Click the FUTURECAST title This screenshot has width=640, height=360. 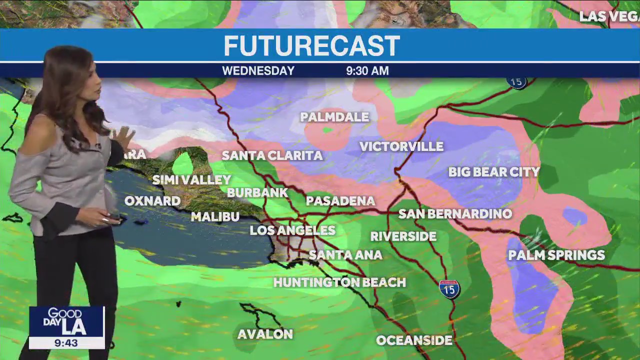pyautogui.click(x=311, y=46)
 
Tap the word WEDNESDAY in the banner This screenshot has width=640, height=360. pyautogui.click(x=258, y=71)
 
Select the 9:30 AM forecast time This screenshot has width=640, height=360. pyautogui.click(x=367, y=71)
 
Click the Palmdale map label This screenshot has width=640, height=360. pyautogui.click(x=334, y=117)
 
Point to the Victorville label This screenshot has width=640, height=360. pyautogui.click(x=401, y=146)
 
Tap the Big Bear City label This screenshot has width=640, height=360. pyautogui.click(x=494, y=172)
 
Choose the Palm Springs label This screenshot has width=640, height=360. pyautogui.click(x=556, y=255)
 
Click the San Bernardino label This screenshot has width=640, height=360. pyautogui.click(x=455, y=214)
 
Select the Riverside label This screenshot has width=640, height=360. pyautogui.click(x=403, y=236)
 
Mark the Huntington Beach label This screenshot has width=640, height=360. pyautogui.click(x=339, y=282)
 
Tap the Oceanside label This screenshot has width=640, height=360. pyautogui.click(x=414, y=340)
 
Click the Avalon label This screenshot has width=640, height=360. pyautogui.click(x=265, y=334)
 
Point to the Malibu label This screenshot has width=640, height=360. pyautogui.click(x=215, y=217)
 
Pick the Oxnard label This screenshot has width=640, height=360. pyautogui.click(x=152, y=201)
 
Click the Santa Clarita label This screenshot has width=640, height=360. pyautogui.click(x=272, y=155)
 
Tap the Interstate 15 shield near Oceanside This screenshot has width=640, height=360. pyautogui.click(x=449, y=289)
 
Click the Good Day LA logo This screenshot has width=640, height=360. pyautogui.click(x=66, y=322)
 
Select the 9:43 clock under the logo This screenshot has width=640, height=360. pyautogui.click(x=66, y=343)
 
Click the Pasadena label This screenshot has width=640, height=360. pyautogui.click(x=340, y=201)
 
